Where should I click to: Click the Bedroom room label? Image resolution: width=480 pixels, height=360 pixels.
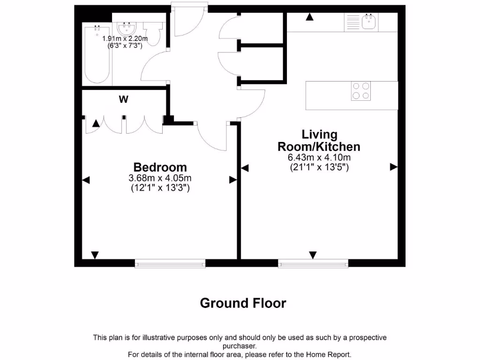(160, 167)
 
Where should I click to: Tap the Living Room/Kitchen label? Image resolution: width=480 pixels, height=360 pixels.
(319, 140)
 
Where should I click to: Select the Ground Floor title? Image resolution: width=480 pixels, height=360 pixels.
(243, 303)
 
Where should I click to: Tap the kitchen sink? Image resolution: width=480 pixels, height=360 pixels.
(369, 22)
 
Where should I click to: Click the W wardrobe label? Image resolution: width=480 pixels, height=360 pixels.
(123, 99)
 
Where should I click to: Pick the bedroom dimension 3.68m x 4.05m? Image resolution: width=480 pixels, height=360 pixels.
(160, 178)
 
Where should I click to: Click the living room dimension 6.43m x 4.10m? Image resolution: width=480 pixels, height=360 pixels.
(319, 158)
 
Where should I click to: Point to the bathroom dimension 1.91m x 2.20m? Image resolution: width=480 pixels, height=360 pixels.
(125, 38)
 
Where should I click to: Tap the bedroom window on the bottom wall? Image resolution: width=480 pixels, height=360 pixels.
(170, 264)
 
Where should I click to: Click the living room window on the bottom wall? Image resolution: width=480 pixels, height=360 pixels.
(313, 264)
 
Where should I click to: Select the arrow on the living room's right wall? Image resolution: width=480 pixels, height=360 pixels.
(394, 167)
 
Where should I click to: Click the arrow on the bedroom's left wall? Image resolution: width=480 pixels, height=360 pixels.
(86, 180)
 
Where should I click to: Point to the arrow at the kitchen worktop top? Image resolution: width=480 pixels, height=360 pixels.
(309, 17)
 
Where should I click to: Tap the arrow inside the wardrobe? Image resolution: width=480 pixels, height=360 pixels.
(96, 123)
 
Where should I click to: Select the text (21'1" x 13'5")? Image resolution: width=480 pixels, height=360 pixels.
(319, 167)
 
